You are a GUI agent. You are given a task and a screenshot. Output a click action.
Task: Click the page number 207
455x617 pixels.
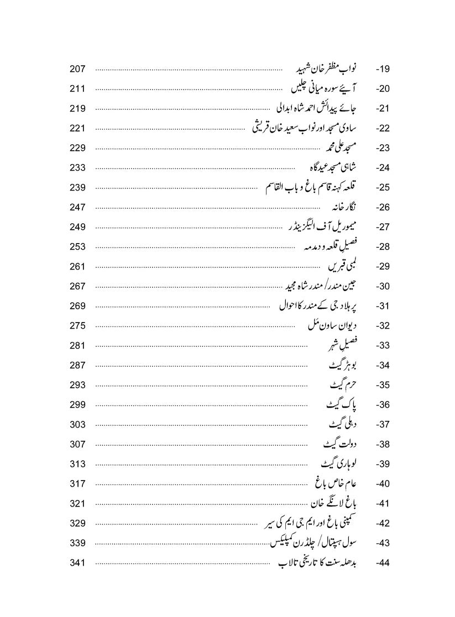point(77,69)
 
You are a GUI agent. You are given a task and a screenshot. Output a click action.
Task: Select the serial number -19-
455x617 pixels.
point(383,70)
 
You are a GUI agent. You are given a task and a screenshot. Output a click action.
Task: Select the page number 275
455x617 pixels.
point(77,326)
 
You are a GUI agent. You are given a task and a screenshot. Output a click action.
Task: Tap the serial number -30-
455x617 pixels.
point(383,287)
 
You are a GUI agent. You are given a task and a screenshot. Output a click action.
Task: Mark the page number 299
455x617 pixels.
point(77,405)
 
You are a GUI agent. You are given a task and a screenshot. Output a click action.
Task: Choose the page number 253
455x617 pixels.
point(77,247)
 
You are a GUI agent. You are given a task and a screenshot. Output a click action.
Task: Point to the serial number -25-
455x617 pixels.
point(383,188)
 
